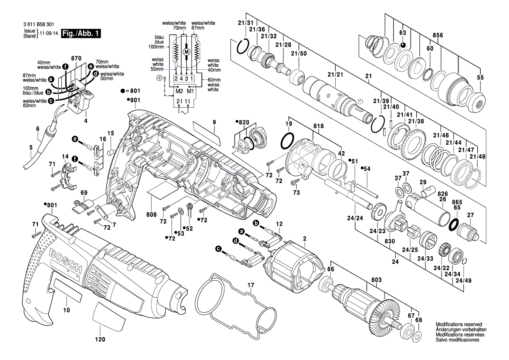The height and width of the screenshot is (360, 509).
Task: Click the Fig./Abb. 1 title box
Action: coord(81,33)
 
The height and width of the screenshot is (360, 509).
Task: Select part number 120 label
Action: coord(100,339)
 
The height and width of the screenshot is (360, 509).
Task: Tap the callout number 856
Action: coord(438,35)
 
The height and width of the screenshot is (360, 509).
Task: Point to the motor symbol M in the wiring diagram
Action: coord(186,52)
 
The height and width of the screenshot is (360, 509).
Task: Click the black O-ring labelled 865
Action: coord(454,224)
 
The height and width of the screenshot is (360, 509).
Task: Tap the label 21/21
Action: coord(335,75)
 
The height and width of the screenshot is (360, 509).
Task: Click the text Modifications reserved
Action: coord(458,324)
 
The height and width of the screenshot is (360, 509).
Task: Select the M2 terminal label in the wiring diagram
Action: coord(179,91)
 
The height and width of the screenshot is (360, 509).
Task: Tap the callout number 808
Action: coord(152,214)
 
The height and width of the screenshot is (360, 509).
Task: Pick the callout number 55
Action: coord(480,77)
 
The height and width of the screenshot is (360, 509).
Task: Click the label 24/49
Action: coord(463,281)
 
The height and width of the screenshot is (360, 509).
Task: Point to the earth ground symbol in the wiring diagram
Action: coord(159,78)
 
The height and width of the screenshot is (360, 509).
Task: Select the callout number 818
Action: coord(318,127)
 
